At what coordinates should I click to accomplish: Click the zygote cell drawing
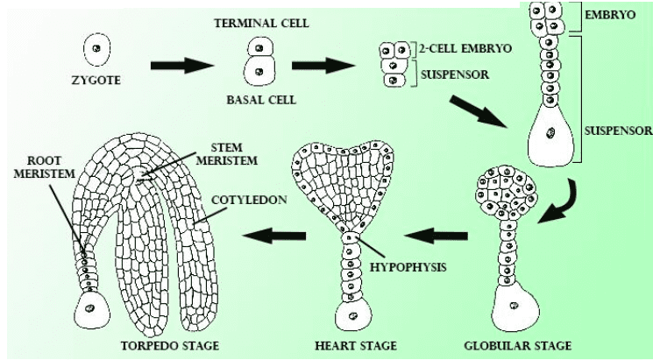click(96, 49)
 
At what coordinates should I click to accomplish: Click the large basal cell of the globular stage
click(511, 309)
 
